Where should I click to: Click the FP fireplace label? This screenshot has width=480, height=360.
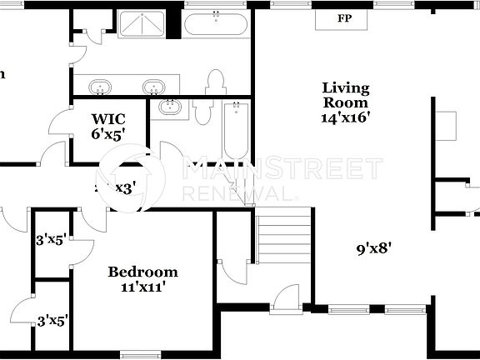(344, 18)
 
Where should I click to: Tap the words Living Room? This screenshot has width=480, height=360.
(346, 94)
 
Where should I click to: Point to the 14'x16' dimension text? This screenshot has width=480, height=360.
(346, 117)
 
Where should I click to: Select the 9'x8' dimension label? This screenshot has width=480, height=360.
(374, 247)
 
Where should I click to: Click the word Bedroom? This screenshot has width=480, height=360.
(142, 272)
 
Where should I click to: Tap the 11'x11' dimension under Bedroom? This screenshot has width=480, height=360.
(142, 287)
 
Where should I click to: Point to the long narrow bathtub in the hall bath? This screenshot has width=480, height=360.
(236, 131)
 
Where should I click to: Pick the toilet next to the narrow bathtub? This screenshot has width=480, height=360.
(202, 111)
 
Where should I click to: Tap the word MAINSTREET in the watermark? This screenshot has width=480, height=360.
(283, 170)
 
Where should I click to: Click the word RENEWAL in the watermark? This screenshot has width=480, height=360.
(238, 193)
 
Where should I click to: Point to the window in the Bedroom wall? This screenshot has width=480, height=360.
(140, 355)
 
